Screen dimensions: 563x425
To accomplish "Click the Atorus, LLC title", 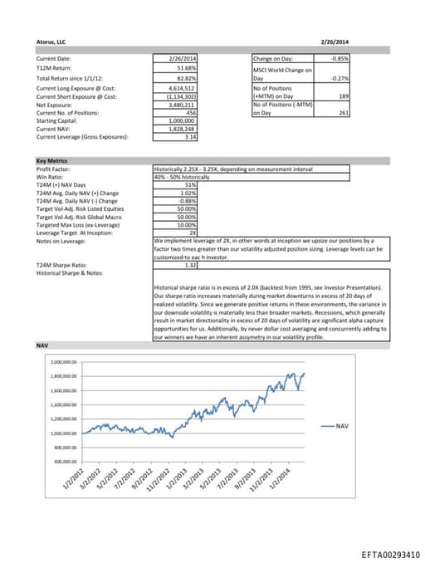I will [x=51, y=41].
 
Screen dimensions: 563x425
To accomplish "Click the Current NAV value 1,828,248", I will [x=183, y=130].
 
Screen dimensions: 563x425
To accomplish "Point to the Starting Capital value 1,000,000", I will [x=183, y=121].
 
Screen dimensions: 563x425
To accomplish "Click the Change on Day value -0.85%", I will [x=339, y=59].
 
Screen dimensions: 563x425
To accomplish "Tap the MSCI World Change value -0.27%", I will [x=339, y=78].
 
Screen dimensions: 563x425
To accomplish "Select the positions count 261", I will [x=343, y=114].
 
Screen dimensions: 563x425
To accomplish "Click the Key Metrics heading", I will [x=52, y=160].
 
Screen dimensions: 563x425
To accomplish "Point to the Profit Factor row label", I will [x=51, y=169].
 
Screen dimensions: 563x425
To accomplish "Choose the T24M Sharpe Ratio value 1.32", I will [x=187, y=265].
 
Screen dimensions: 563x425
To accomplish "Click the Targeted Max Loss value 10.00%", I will [x=187, y=224].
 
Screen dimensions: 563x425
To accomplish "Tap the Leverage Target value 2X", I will [x=192, y=233].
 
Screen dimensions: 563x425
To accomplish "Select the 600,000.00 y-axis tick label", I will [x=64, y=462].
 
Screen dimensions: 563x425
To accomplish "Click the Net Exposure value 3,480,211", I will [x=183, y=105].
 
